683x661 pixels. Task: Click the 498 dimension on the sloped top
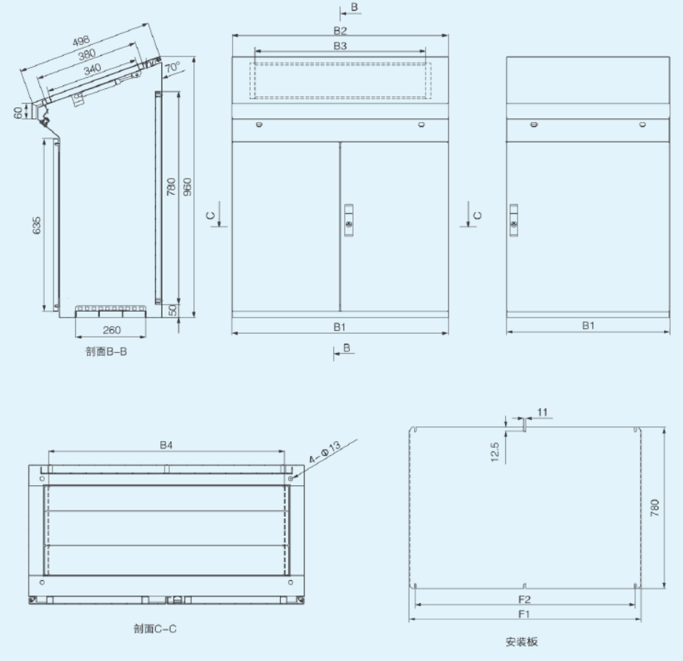[81, 41]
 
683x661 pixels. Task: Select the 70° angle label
[173, 67]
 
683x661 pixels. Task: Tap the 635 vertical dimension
[37, 225]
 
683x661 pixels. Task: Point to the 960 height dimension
[187, 187]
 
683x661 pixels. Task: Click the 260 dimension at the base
[112, 330]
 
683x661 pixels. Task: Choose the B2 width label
[340, 30]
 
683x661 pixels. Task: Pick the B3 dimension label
[340, 46]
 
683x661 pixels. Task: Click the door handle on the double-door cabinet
[348, 220]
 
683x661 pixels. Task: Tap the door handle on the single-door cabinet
[514, 220]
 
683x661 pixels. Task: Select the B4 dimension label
[166, 445]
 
